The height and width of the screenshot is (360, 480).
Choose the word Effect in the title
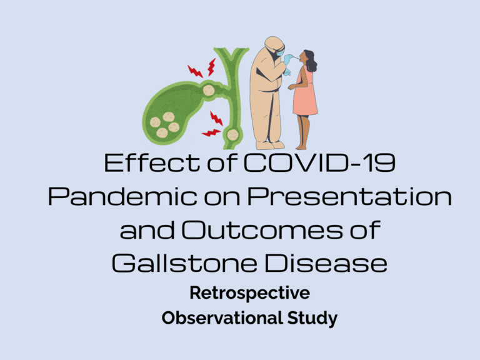[141, 164]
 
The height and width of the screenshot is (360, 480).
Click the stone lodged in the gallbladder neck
[207, 91]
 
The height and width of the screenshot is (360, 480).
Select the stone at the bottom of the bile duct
[232, 134]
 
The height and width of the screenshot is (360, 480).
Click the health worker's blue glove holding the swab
[288, 60]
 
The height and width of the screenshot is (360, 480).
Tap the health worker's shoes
[270, 145]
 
